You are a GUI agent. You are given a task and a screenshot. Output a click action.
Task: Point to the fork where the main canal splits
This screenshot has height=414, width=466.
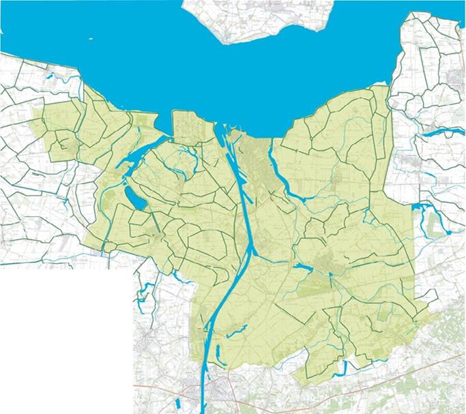[x=250, y=254]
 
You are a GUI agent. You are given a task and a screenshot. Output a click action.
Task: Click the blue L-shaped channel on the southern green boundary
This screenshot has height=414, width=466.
[x=341, y=369]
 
